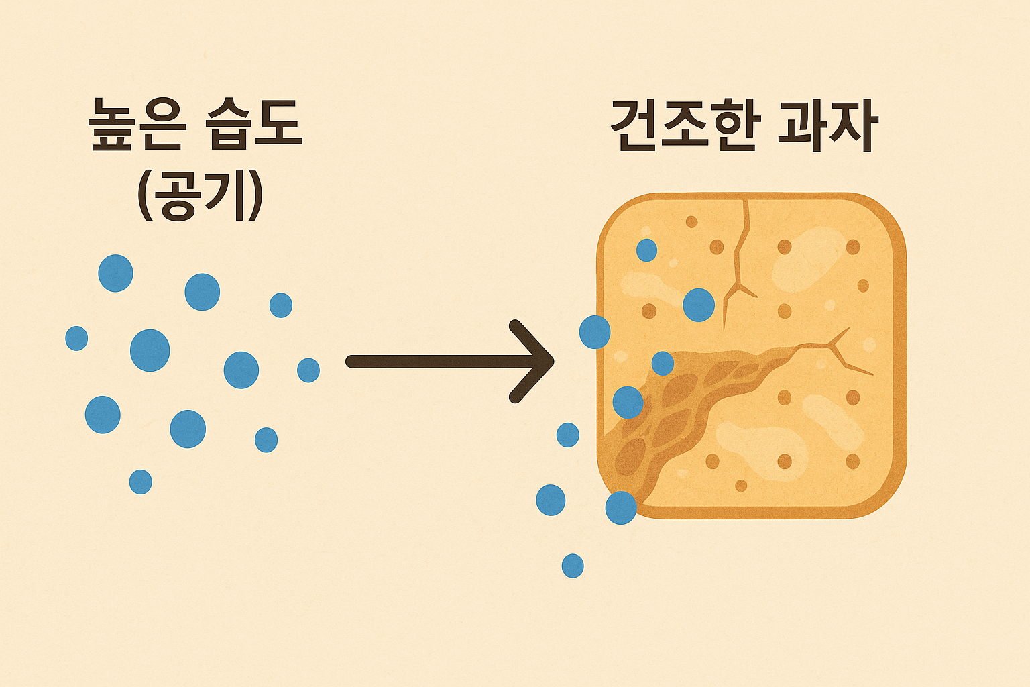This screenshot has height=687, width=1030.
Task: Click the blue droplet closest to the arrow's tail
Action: [308, 370]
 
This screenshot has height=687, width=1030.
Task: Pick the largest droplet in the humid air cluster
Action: [150, 350]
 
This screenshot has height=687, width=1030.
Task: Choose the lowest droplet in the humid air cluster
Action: [140, 482]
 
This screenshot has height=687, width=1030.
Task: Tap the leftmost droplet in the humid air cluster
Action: [76, 338]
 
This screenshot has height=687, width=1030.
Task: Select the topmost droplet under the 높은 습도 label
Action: [115, 273]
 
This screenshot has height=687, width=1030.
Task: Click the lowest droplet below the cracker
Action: [572, 566]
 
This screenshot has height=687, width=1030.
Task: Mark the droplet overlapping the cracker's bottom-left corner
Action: [621, 508]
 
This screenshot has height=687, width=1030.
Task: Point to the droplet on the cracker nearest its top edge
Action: [646, 250]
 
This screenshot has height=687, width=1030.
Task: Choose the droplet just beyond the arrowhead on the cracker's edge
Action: [595, 332]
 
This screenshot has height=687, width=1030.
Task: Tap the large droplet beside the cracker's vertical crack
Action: [699, 305]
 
